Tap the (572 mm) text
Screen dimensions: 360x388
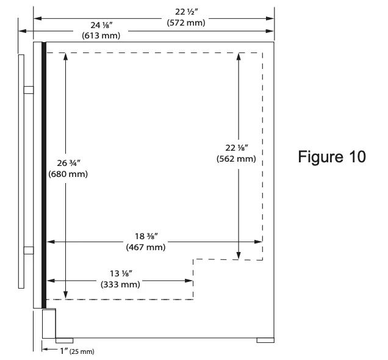(185, 23)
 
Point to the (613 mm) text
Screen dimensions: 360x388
(101, 36)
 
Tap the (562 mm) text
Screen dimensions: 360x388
(235, 159)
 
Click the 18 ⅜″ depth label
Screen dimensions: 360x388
(145, 237)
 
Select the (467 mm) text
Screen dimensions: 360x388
(145, 247)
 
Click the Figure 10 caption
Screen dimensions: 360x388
(332, 157)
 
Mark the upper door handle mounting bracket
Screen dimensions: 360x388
(29, 90)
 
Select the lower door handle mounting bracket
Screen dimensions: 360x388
(29, 249)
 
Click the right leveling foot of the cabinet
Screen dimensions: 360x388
(265, 340)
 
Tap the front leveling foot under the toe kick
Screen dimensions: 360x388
(63, 340)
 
